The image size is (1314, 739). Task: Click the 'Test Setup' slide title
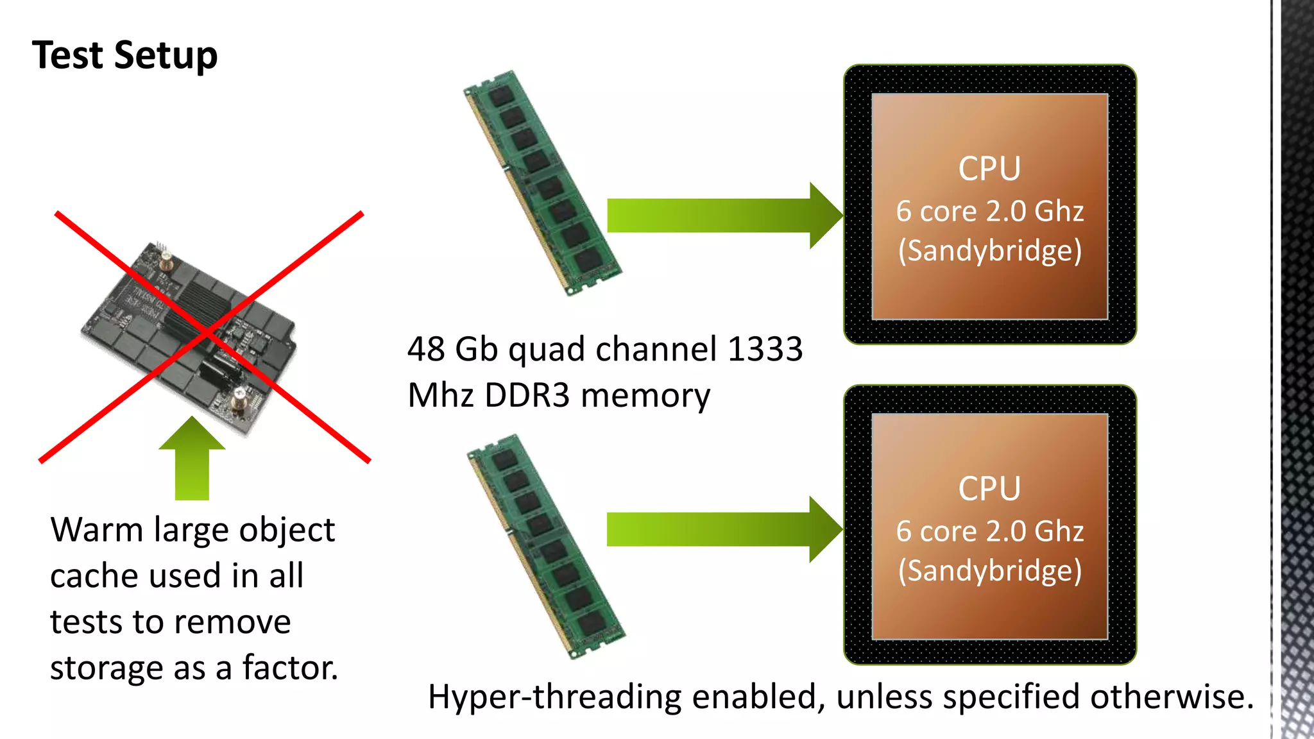[124, 55]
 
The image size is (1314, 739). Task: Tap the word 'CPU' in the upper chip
[989, 169]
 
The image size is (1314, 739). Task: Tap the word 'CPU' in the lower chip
[989, 489]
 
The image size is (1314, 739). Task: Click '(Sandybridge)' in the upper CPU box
[989, 251]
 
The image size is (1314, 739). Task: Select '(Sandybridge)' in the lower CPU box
[989, 571]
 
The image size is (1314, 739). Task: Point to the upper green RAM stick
[542, 183]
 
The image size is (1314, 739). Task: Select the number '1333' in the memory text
[765, 350]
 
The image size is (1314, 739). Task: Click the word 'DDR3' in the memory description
[527, 395]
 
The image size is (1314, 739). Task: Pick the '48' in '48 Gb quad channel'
[426, 350]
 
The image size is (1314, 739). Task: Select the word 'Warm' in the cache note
[97, 530]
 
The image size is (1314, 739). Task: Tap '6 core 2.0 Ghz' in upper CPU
[989, 211]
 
